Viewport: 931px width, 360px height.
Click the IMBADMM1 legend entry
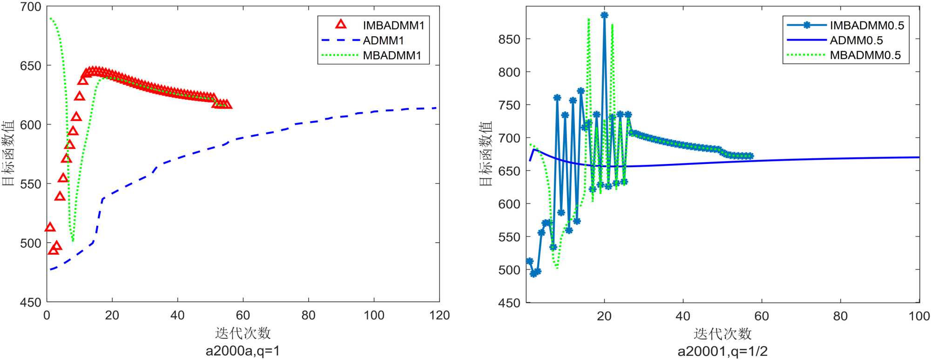pos(393,25)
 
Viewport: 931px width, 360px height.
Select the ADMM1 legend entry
pos(383,41)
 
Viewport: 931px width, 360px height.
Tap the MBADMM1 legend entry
pos(392,55)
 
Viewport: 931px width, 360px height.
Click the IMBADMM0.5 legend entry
pos(867,25)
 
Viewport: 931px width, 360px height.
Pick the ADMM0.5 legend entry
pos(856,41)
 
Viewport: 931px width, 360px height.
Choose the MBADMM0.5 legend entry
pos(865,55)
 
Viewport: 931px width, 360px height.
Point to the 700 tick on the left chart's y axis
pos(31,7)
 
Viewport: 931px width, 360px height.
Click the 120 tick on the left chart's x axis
pos(439,316)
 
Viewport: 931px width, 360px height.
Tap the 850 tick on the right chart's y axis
pos(509,39)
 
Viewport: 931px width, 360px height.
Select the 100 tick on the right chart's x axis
pos(919,316)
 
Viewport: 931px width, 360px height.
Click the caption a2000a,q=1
pos(243,351)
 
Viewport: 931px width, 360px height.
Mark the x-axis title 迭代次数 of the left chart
pos(243,333)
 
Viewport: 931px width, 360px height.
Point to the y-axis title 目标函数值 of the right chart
pos(486,154)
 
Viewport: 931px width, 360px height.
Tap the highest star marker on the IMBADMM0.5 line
pos(604,15)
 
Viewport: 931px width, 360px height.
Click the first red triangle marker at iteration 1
pos(50,227)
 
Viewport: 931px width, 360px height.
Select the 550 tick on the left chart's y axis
pos(31,184)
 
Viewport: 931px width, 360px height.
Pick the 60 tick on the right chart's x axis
pos(762,316)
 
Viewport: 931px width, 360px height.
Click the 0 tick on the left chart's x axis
pos(47,316)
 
